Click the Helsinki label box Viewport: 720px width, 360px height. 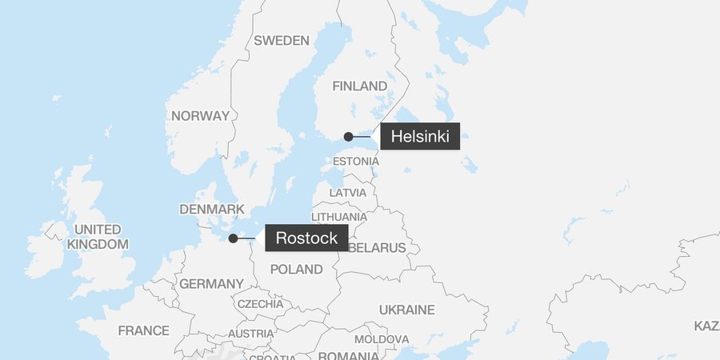pos(420,137)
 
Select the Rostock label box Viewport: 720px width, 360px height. pos(306,238)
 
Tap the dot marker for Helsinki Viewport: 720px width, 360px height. pos(348,137)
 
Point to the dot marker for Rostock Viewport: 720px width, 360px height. pos(233,238)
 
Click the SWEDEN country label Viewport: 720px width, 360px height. pos(281,41)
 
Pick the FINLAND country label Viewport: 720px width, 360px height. pos(359,86)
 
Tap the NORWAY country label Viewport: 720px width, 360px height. pos(200,116)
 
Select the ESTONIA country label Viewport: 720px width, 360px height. pos(355,162)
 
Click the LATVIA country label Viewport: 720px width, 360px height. pos(348,193)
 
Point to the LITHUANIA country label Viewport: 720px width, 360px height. pos(339,217)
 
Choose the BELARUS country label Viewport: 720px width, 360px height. pos(378,248)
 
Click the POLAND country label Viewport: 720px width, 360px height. pos(296,270)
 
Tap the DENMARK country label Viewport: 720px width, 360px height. pos(211,209)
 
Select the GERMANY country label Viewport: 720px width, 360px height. pos(211,284)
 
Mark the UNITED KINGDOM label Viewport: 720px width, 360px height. pos(98,237)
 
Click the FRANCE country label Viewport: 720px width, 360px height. pos(143,330)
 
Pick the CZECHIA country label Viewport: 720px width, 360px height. pos(259,304)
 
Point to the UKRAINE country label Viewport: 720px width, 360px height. pos(406,310)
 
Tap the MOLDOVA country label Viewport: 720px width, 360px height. pos(382,339)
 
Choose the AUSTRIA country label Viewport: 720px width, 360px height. pos(250,334)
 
